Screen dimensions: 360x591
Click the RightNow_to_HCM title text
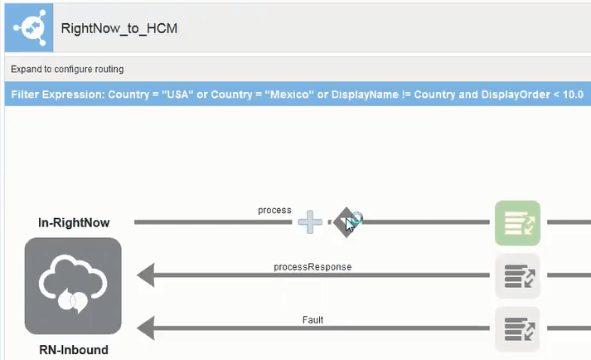[x=119, y=28]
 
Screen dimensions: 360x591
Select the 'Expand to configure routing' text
[x=67, y=69]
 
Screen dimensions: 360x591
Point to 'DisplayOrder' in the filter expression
[x=472, y=95]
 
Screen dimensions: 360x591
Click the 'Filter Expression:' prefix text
[x=59, y=95]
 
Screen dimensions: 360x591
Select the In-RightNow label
[x=74, y=222]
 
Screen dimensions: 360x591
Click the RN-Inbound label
[x=74, y=350]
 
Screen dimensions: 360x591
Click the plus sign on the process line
[x=310, y=221]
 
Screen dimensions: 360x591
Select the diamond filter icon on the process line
[x=344, y=222]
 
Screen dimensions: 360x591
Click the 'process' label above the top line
[x=274, y=210]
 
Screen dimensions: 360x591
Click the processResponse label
[x=312, y=267]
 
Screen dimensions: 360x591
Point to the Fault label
[x=312, y=319]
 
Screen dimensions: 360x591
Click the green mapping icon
[x=517, y=222]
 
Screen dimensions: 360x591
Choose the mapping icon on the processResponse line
[x=517, y=276]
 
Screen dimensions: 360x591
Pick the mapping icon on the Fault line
[x=517, y=329]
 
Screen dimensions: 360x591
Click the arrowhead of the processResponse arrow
[x=146, y=276]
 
